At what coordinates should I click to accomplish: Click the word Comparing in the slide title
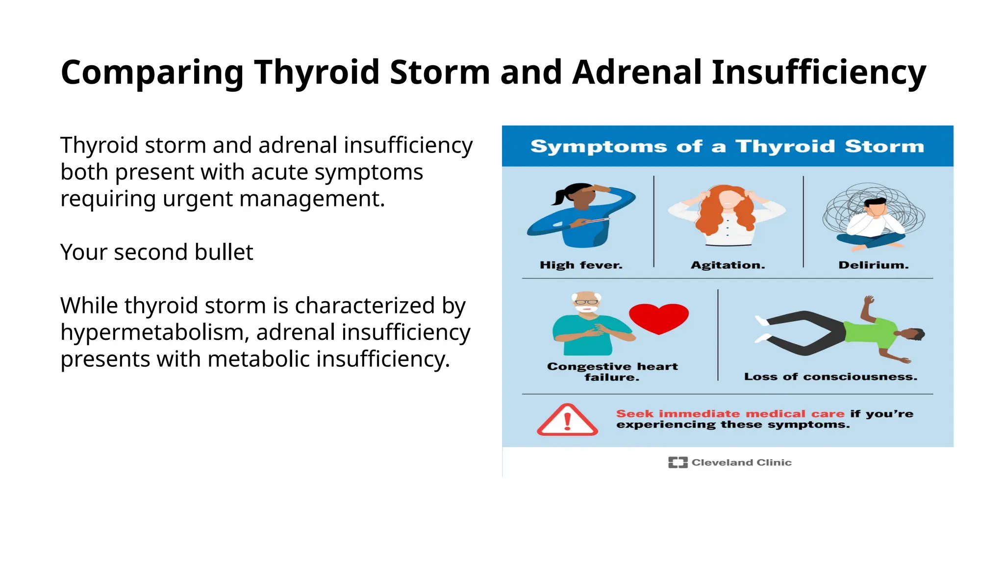coord(152,73)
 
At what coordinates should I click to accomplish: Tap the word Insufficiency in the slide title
coord(818,73)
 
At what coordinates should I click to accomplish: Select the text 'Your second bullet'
coord(156,252)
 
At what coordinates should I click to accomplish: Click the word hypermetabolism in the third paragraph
coord(151,333)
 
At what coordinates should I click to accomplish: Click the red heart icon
coord(658,318)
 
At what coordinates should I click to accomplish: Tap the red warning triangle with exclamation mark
coord(567,420)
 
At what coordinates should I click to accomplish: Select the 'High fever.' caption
coord(581,265)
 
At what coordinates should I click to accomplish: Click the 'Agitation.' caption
coord(728,265)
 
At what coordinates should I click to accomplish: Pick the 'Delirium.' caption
coord(873,265)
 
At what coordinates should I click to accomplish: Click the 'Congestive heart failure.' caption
coord(612,372)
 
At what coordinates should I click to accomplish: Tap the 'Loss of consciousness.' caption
coord(830,377)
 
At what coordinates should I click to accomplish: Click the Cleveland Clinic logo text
coord(741,462)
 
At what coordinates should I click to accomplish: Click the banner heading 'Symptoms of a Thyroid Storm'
coord(727,146)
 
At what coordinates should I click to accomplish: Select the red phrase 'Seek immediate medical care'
coord(730,414)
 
